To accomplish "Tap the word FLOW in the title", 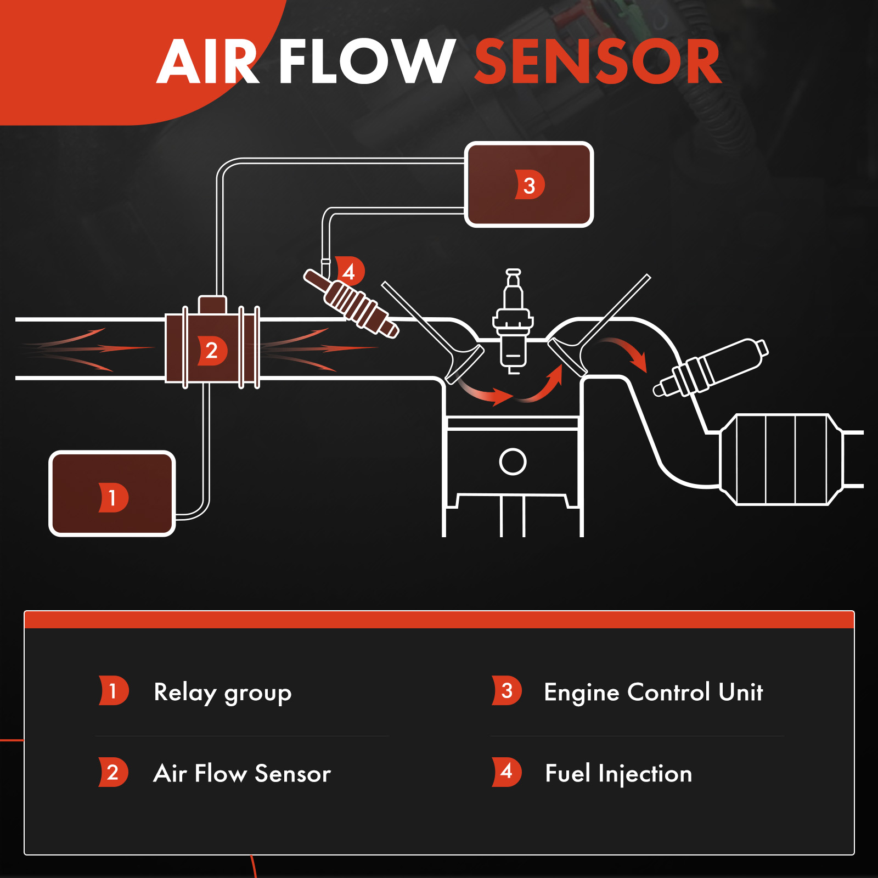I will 367,61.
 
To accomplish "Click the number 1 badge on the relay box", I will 113,498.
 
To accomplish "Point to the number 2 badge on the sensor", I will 212,350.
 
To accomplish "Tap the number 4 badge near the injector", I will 350,271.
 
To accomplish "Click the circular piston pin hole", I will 513,461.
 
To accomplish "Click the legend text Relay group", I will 222,693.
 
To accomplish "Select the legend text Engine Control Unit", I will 653,693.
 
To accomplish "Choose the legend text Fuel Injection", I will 618,774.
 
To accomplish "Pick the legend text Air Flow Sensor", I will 242,774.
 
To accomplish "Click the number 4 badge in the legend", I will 506,772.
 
